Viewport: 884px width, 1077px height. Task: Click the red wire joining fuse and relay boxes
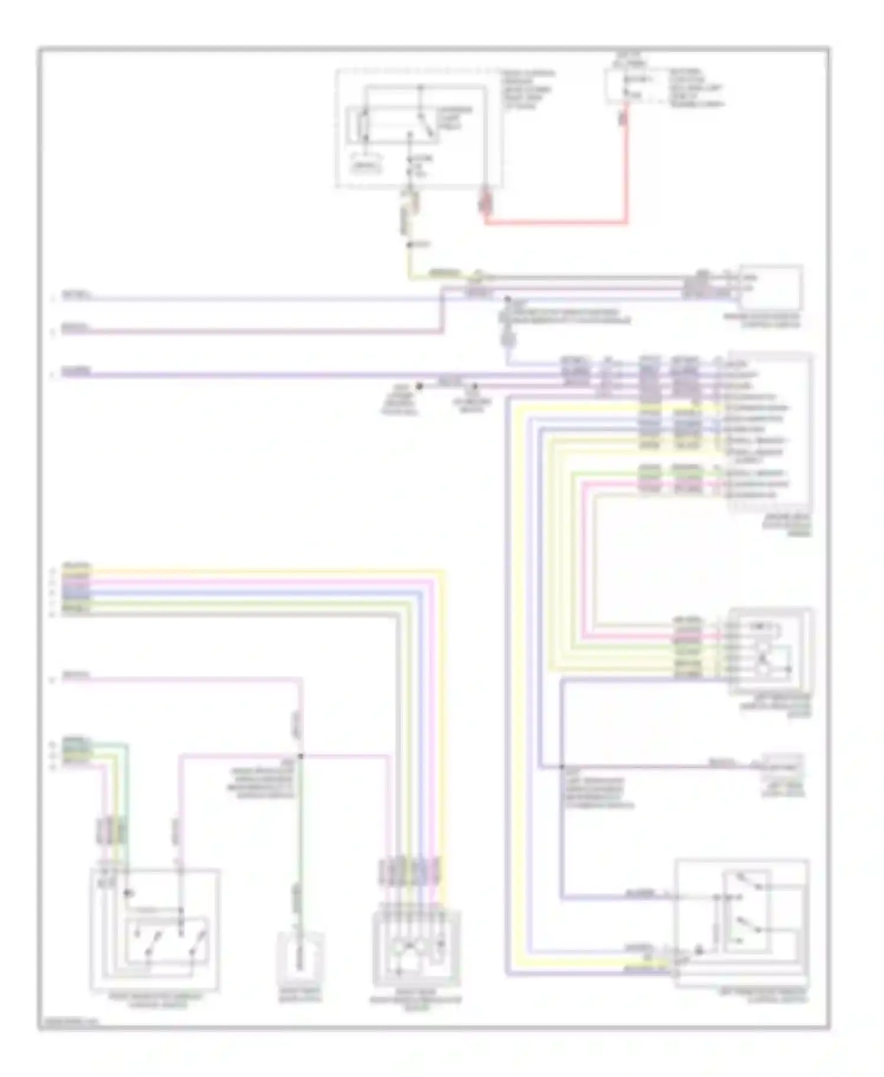pyautogui.click(x=554, y=223)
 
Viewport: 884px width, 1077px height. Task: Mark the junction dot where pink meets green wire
pyautogui.click(x=301, y=755)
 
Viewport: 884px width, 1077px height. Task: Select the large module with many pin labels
pyautogui.click(x=770, y=433)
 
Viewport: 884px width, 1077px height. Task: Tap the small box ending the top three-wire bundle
pyautogui.click(x=771, y=287)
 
